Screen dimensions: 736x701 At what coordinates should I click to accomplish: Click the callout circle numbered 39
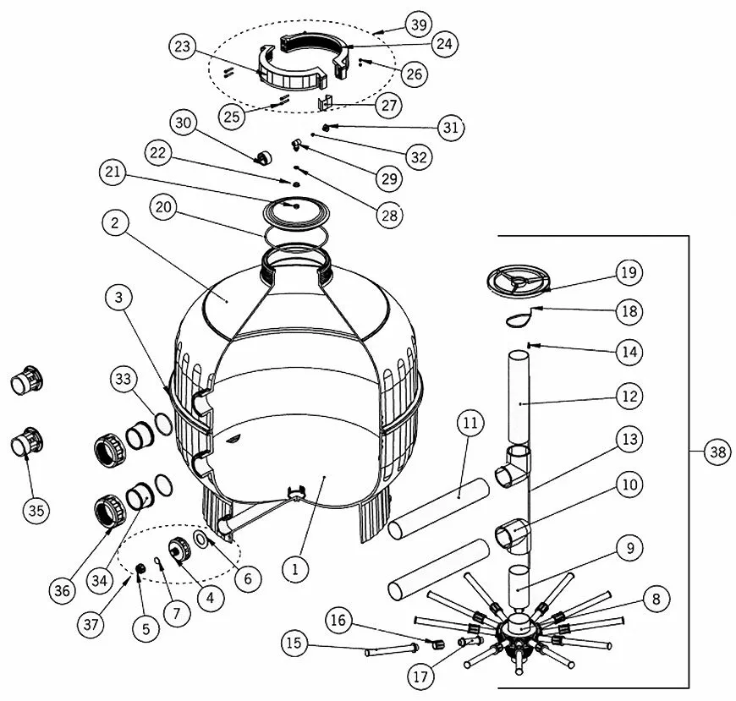419,24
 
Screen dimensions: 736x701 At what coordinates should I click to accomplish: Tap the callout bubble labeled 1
295,569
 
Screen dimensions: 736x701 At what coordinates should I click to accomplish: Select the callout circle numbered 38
717,452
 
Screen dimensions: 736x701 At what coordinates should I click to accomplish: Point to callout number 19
629,272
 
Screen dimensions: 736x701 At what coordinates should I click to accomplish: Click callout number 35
36,510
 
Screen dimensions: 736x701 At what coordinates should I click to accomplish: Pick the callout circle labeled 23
182,46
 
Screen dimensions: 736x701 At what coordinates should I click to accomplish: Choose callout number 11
470,423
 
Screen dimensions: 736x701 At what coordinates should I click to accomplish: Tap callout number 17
420,676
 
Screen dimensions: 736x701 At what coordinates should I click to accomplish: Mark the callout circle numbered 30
183,123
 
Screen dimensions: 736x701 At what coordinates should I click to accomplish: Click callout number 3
118,297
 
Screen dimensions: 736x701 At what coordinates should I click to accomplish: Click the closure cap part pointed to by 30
263,157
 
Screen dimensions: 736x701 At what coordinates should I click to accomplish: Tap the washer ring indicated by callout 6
200,539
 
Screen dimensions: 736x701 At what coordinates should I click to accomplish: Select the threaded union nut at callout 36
110,510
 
